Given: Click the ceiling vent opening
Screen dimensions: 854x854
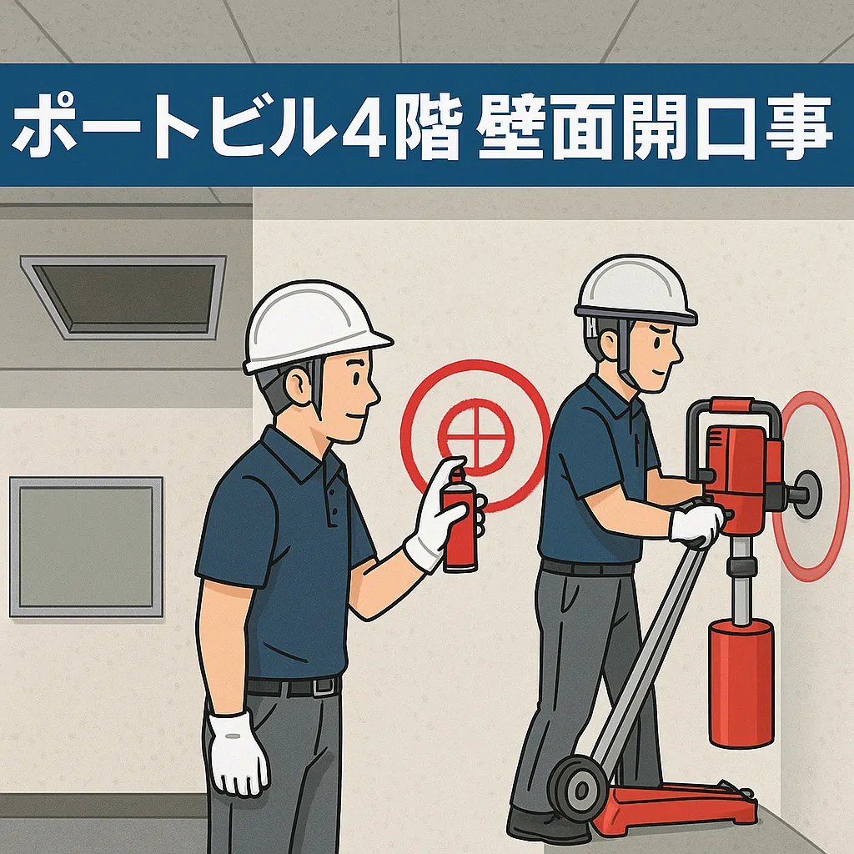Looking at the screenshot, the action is [x=124, y=296].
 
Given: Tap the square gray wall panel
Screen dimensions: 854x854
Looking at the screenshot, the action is [x=86, y=546].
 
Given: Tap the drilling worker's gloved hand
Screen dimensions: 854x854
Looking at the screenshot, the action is [x=696, y=525].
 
